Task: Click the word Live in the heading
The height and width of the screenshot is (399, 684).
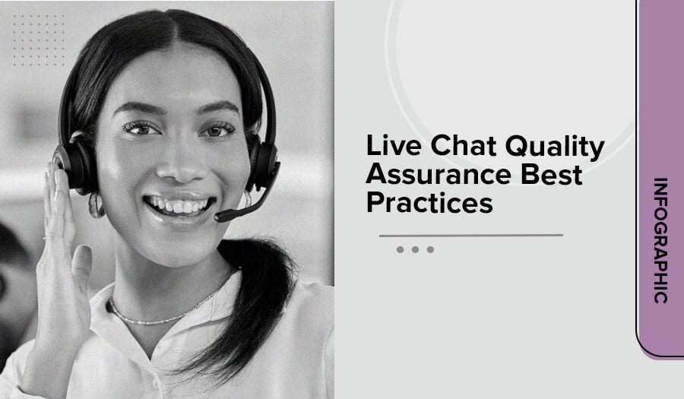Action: pyautogui.click(x=394, y=145)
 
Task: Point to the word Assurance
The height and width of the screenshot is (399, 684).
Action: pyautogui.click(x=439, y=175)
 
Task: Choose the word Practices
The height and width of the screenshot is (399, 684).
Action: pyautogui.click(x=429, y=202)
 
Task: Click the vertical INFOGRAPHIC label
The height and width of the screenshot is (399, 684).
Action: pyautogui.click(x=660, y=240)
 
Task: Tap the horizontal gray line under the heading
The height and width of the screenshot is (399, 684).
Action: pyautogui.click(x=471, y=236)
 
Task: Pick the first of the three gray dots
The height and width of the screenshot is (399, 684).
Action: pyautogui.click(x=400, y=249)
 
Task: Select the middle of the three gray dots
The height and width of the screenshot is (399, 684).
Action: pyautogui.click(x=415, y=249)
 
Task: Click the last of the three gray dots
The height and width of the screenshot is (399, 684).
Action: pyautogui.click(x=431, y=249)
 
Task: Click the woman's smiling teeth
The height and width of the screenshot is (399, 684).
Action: pyautogui.click(x=179, y=205)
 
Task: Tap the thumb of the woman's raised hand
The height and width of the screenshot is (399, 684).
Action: pyautogui.click(x=82, y=266)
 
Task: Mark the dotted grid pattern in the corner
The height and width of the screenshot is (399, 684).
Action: pyautogui.click(x=39, y=40)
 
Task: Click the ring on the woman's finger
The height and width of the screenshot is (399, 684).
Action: pyautogui.click(x=45, y=239)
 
